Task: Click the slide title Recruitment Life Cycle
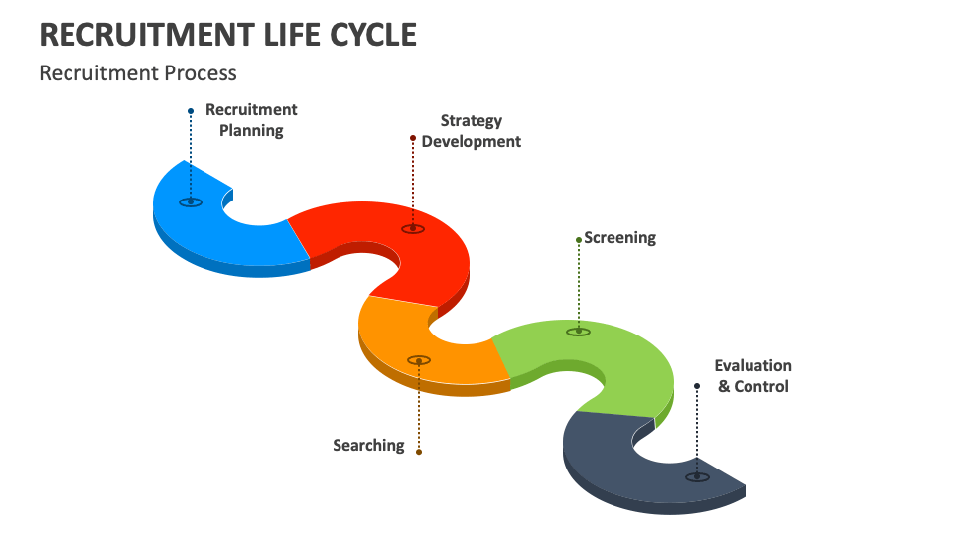click(227, 34)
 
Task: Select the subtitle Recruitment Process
click(138, 73)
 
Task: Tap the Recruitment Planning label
click(251, 120)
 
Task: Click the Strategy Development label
click(471, 131)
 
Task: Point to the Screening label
click(619, 238)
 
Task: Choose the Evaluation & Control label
click(753, 376)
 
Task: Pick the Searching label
click(368, 445)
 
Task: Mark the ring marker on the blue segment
click(191, 202)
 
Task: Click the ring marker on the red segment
click(413, 229)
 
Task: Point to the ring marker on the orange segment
click(419, 360)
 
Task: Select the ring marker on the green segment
click(578, 332)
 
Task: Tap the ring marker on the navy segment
click(697, 476)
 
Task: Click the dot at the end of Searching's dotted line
click(419, 452)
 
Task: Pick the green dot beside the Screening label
click(578, 239)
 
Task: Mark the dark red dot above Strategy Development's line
click(413, 138)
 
